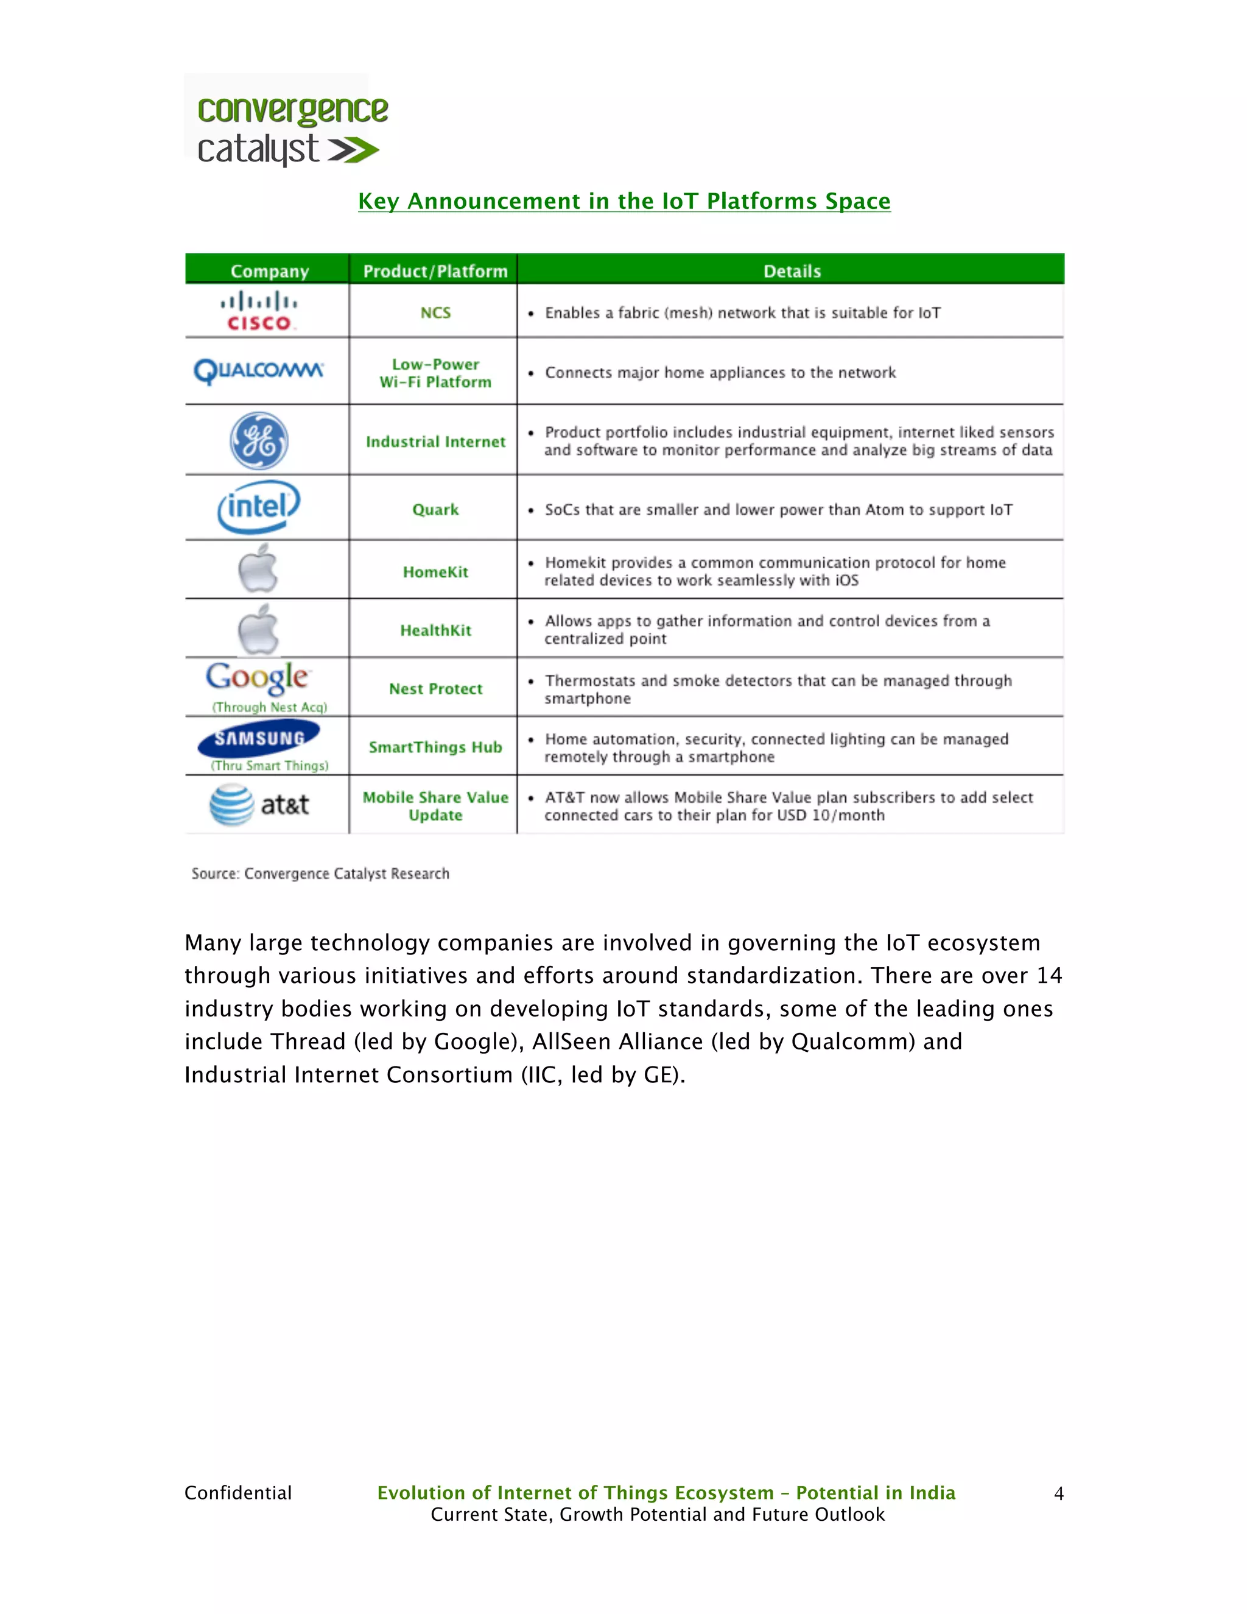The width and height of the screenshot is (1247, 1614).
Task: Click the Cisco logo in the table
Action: [x=259, y=311]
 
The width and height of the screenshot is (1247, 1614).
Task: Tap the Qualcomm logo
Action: [x=259, y=370]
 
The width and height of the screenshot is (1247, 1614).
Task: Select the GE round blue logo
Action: [x=259, y=440]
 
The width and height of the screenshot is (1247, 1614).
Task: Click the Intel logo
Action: [x=259, y=507]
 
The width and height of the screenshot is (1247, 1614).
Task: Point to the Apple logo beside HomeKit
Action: [x=258, y=569]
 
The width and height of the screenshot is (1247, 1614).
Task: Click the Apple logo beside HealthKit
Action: [x=258, y=629]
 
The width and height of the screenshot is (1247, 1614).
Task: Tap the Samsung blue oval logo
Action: [x=259, y=738]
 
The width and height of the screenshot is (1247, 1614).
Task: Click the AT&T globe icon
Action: [x=232, y=805]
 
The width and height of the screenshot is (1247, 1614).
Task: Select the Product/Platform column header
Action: [x=435, y=271]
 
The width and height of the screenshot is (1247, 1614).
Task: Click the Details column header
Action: [x=792, y=271]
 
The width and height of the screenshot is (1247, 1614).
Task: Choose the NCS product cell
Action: [x=435, y=312]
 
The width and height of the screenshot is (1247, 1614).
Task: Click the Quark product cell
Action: [x=435, y=509]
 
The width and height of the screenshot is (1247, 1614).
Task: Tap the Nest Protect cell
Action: [x=435, y=689]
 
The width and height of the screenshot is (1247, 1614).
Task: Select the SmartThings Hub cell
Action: [x=435, y=747]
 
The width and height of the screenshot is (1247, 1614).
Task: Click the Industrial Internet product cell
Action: [x=435, y=441]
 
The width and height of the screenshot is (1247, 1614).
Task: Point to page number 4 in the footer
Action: [x=1058, y=1493]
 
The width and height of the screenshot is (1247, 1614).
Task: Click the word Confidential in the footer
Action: [x=238, y=1493]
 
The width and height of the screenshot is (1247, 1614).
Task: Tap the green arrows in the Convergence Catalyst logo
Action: [x=353, y=151]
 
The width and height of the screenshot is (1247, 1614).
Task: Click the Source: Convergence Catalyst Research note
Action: [x=320, y=873]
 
